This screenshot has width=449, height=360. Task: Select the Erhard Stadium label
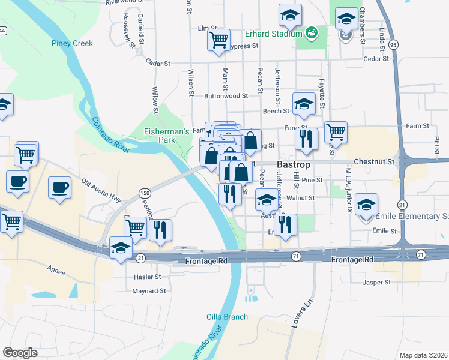[273, 34]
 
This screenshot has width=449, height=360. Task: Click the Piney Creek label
[71, 43]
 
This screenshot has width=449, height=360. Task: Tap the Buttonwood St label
[226, 96]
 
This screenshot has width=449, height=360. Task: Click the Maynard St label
[149, 291]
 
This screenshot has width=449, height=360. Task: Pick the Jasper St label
[376, 282]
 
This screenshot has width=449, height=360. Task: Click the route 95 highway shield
[393, 45]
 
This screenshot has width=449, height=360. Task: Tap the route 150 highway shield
[144, 193]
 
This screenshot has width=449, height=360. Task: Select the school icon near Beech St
[304, 104]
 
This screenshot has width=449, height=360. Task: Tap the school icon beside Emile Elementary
[366, 205]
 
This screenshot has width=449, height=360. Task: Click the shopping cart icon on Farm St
[336, 133]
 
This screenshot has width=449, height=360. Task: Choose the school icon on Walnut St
[267, 200]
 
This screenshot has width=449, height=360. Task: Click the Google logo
[20, 353]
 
